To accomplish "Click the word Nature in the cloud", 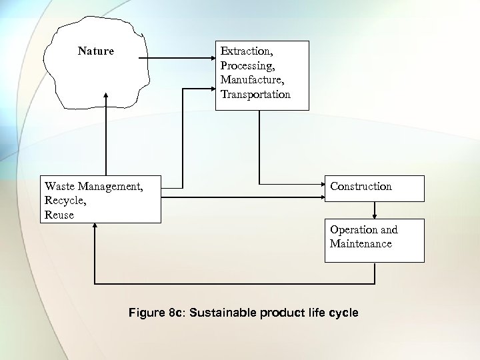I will pyautogui.click(x=95, y=51).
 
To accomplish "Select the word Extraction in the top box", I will pyautogui.click(x=245, y=51).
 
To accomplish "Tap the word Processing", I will pyautogui.click(x=247, y=65).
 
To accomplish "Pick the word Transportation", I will pyautogui.click(x=255, y=95).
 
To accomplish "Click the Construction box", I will pyautogui.click(x=374, y=188).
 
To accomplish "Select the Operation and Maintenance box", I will pyautogui.click(x=374, y=240).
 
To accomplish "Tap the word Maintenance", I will pyautogui.click(x=361, y=244).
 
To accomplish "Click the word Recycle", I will pyautogui.click(x=65, y=201).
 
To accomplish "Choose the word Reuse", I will pyautogui.click(x=59, y=215).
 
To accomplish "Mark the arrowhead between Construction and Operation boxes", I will pyautogui.click(x=375, y=215).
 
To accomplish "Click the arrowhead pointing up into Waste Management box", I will pyautogui.click(x=95, y=227).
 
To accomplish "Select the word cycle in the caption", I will pyautogui.click(x=343, y=313).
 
